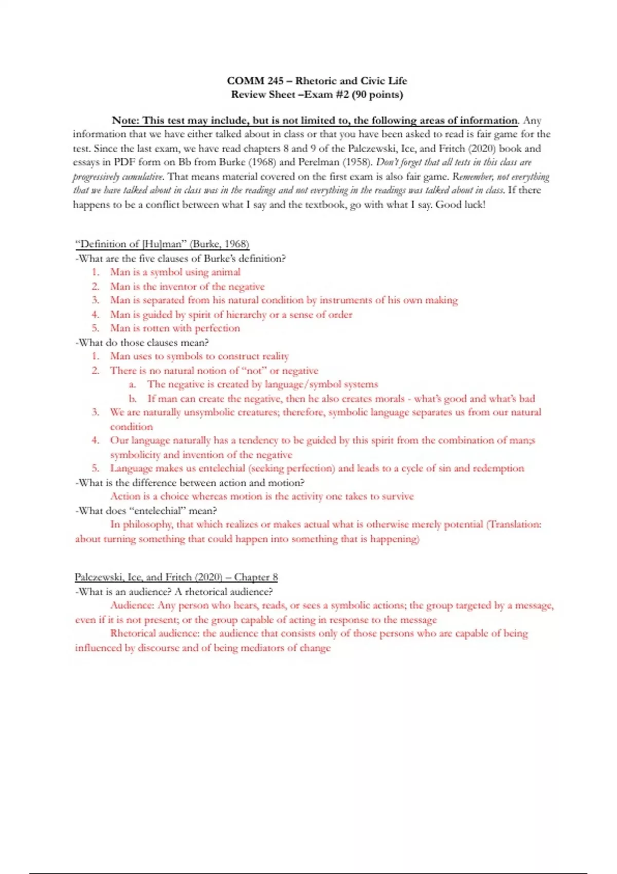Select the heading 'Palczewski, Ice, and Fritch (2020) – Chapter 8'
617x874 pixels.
coord(176,577)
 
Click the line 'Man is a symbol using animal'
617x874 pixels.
coord(175,272)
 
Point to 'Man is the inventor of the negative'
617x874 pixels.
coord(187,286)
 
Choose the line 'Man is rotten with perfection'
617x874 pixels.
coord(175,328)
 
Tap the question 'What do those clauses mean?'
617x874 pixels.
coord(142,342)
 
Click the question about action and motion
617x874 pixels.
coord(190,483)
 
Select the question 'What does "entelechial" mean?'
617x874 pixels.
coord(146,511)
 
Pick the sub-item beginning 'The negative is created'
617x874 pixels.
coord(262,384)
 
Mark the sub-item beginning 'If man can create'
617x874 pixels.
coord(341,398)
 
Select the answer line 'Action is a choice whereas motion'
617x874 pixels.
coord(262,497)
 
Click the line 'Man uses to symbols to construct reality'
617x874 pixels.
coord(199,356)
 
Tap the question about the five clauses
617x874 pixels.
coord(180,259)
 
